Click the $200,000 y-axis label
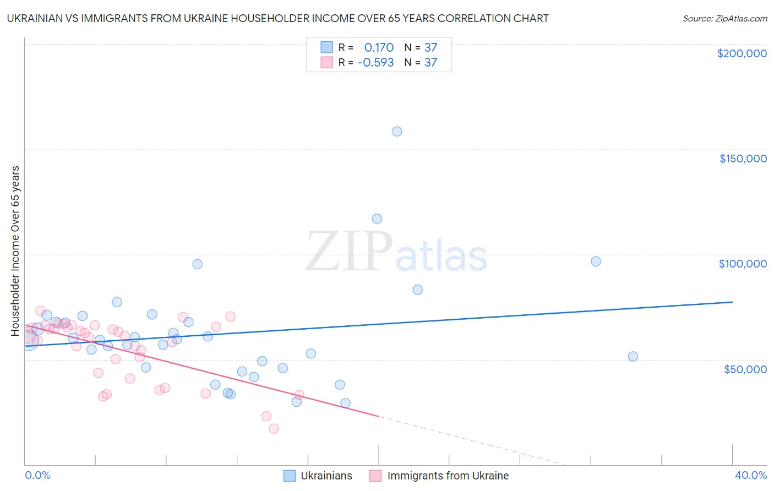click(742, 53)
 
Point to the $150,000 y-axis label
click(743, 159)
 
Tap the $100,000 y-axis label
click(743, 264)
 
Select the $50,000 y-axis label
click(745, 369)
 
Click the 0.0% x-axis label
click(37, 475)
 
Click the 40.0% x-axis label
click(750, 475)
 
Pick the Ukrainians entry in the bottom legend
click(326, 476)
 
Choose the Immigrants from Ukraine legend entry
click(448, 476)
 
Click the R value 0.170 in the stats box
click(379, 47)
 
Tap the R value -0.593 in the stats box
click(375, 62)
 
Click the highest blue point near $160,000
click(397, 132)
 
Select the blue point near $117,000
click(377, 219)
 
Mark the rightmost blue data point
click(633, 356)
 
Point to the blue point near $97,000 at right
click(596, 261)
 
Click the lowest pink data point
click(274, 429)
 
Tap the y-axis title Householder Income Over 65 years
click(15, 250)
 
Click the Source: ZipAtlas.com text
click(724, 19)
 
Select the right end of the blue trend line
click(732, 302)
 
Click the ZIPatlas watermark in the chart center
click(396, 253)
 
